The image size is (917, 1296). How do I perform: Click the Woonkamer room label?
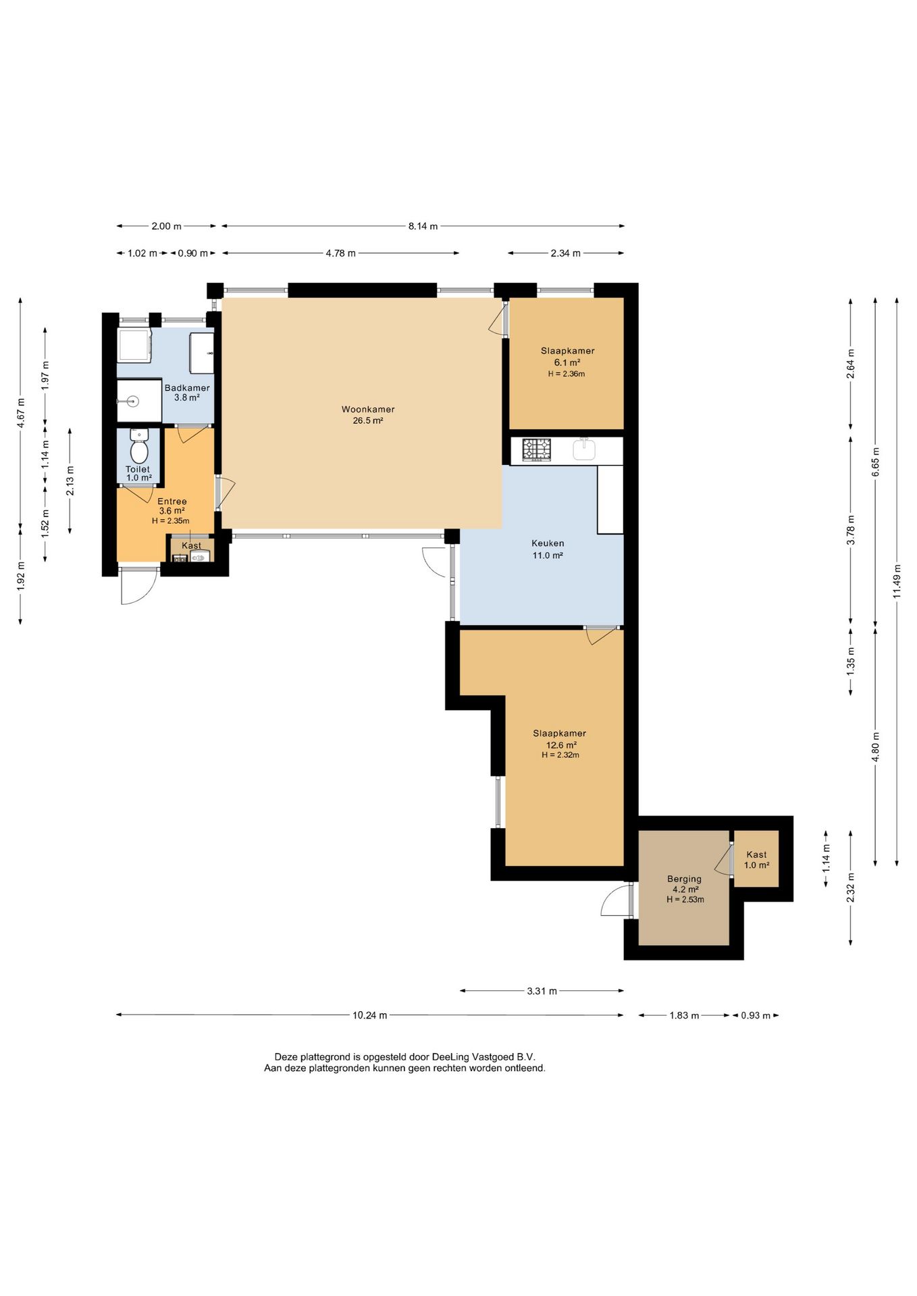click(x=368, y=409)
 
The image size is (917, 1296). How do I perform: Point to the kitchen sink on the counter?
click(x=584, y=449)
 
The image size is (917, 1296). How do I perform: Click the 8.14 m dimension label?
click(x=423, y=226)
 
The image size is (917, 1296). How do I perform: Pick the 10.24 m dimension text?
click(x=370, y=1015)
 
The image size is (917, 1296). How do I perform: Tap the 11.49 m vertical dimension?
click(x=897, y=580)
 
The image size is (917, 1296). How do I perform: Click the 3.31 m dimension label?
click(x=542, y=991)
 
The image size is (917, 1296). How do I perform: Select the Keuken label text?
click(x=548, y=543)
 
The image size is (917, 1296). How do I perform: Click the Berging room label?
click(x=684, y=879)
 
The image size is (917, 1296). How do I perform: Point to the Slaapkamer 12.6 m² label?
click(x=560, y=734)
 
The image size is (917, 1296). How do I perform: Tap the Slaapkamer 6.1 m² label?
click(x=567, y=351)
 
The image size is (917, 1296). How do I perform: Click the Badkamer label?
click(x=187, y=388)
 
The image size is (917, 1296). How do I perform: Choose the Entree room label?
click(x=172, y=502)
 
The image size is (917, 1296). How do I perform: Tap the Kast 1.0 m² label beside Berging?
click(x=756, y=855)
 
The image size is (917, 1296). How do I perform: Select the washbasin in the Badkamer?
click(x=131, y=402)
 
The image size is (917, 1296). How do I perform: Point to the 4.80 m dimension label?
click(x=875, y=747)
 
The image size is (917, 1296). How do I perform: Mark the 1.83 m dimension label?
click(x=684, y=1015)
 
